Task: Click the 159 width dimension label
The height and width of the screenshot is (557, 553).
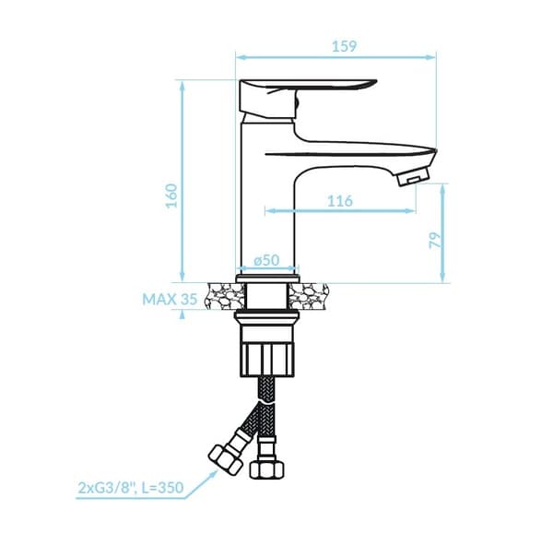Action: coord(344,46)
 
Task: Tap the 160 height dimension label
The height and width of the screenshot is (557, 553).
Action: coord(171,196)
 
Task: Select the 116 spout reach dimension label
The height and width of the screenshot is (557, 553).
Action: coord(340,201)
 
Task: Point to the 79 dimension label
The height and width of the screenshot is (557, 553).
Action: coord(435,240)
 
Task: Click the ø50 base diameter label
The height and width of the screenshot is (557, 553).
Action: coord(266,260)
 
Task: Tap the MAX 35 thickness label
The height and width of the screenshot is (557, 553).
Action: coord(170,299)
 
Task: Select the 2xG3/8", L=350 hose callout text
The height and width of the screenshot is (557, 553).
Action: coord(131,487)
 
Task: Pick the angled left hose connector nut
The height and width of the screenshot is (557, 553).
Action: coord(225,460)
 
